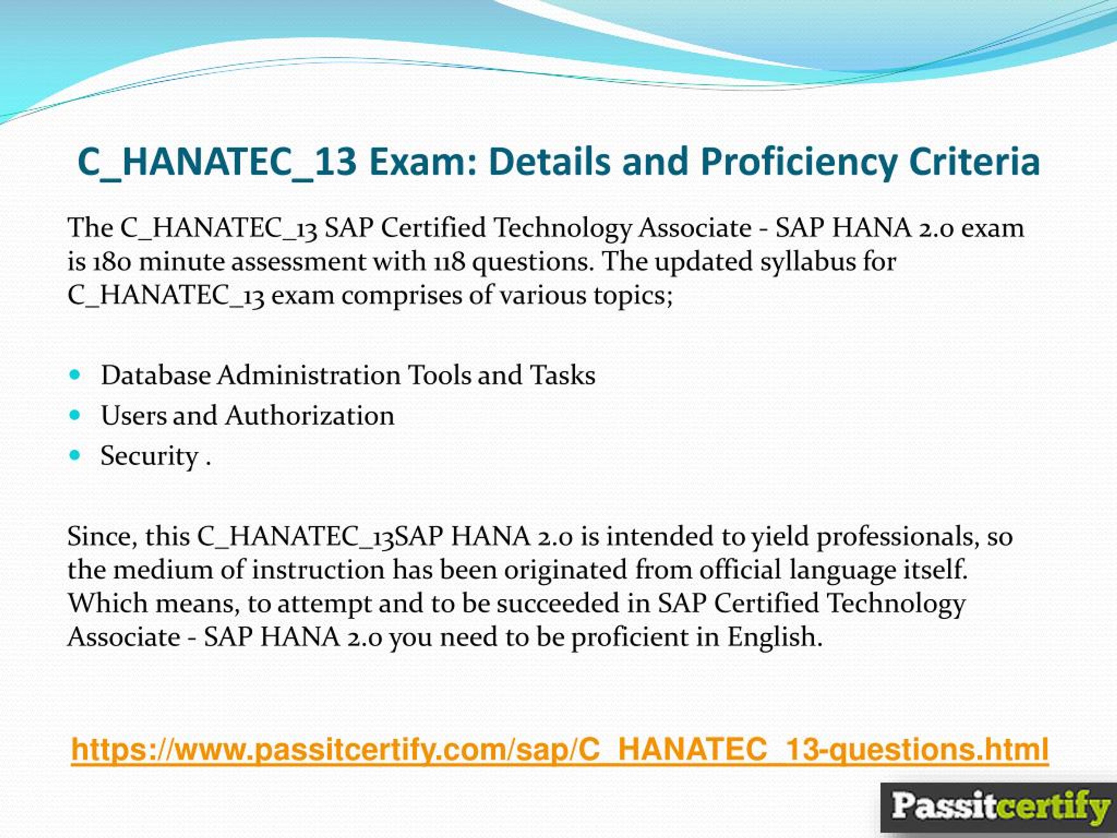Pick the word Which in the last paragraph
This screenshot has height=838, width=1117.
pos(108,604)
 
